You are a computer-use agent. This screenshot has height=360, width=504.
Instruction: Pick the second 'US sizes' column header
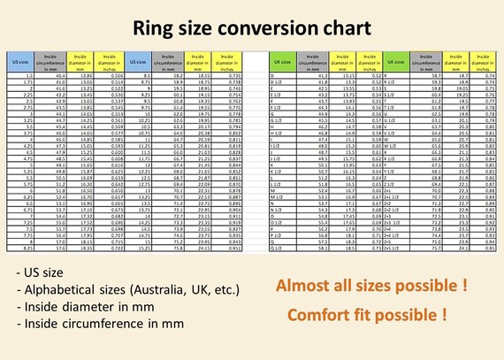click(137, 63)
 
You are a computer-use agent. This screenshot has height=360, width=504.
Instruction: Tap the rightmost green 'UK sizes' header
click(398, 63)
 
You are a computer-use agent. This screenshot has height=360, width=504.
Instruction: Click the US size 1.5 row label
click(28, 77)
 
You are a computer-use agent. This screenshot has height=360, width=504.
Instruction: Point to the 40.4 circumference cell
click(60, 77)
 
